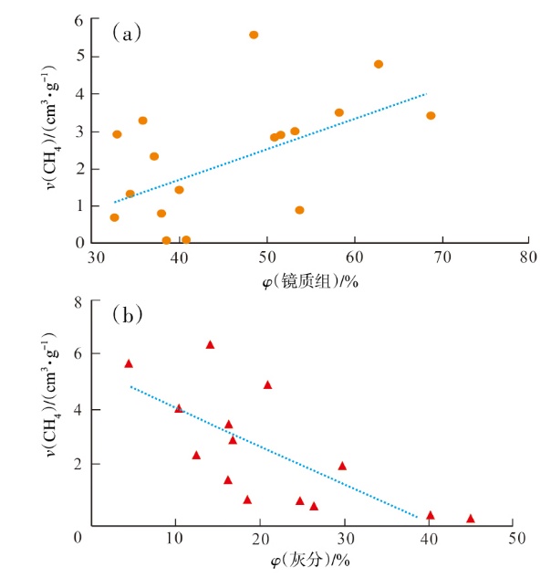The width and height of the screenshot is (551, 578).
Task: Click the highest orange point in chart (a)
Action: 254,35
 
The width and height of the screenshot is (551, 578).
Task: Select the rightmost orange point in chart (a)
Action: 431,116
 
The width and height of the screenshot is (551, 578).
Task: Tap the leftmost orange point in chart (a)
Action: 114,217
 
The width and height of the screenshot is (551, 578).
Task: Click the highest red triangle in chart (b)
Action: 210,345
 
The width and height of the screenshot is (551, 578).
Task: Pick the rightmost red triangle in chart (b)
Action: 471,519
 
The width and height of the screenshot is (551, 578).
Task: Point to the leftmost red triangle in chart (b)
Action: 129,363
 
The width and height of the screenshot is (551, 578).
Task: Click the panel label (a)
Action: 126,35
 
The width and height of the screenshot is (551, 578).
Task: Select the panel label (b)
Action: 126,315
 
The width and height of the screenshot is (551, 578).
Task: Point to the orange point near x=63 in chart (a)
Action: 379,64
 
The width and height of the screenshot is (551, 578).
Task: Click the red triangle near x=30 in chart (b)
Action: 342,466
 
